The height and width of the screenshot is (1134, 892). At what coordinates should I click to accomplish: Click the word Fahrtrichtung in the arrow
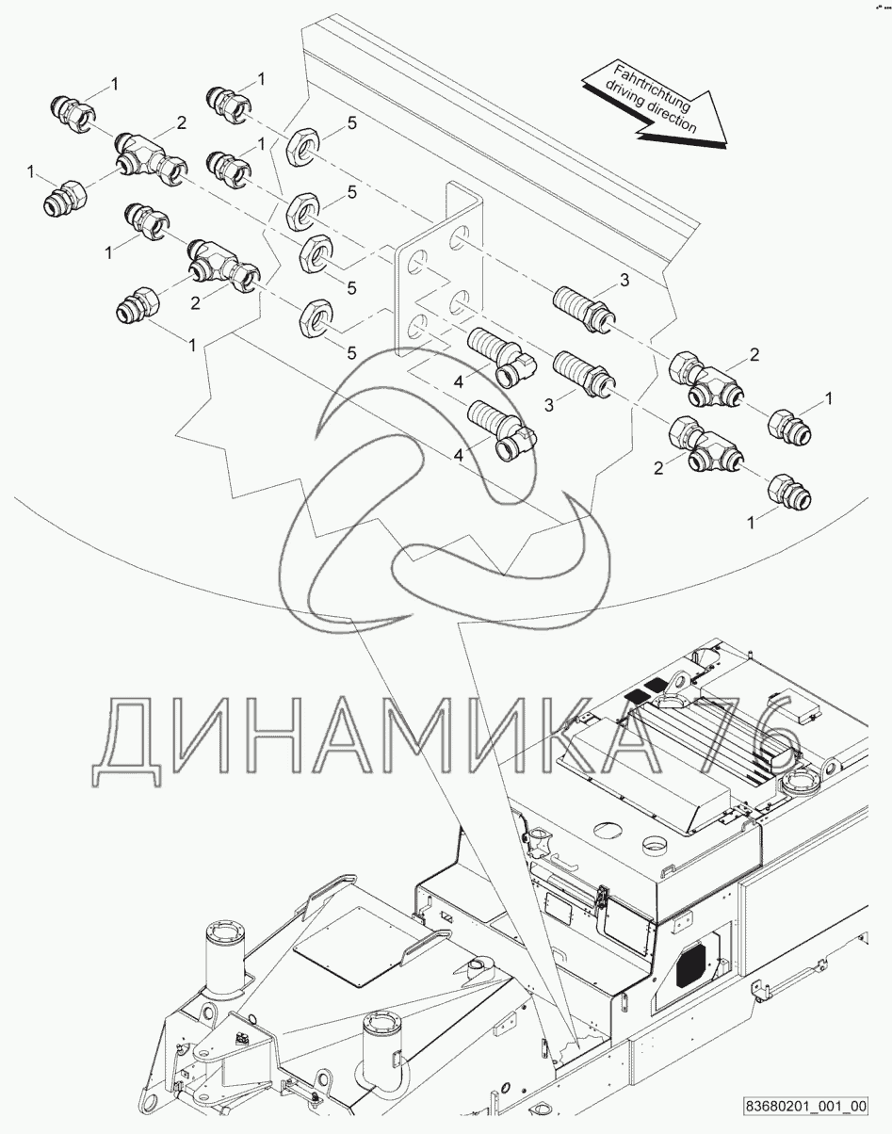[653, 87]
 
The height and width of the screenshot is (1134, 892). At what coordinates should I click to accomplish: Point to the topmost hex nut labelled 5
[300, 149]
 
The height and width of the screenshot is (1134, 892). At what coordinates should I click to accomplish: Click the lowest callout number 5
[351, 353]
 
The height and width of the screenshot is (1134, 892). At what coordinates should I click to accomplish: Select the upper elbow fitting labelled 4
[502, 362]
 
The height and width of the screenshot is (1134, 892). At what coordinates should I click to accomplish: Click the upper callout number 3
[624, 281]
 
